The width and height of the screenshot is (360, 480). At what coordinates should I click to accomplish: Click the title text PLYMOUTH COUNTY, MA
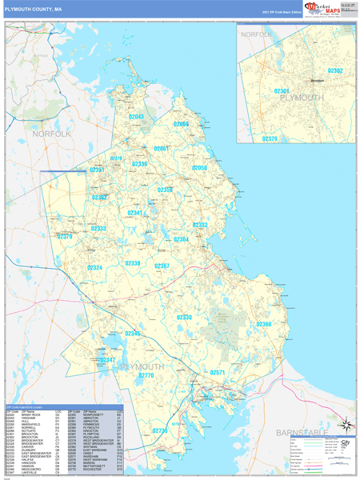(x=34, y=9)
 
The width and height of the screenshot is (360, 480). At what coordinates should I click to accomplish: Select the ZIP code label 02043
(x=137, y=117)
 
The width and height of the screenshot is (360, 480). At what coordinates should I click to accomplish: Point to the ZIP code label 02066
(x=182, y=124)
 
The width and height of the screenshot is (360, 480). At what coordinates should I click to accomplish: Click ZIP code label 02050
(x=199, y=168)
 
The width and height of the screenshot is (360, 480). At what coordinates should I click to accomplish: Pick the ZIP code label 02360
(x=264, y=324)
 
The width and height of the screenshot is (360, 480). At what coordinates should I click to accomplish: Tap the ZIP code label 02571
(x=218, y=373)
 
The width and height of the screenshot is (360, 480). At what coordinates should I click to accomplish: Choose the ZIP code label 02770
(x=146, y=375)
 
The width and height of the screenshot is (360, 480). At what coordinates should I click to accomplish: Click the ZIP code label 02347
(x=108, y=360)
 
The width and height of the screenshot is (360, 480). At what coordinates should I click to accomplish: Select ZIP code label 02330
(x=184, y=318)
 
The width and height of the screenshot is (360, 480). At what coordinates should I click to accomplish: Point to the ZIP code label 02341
(x=136, y=213)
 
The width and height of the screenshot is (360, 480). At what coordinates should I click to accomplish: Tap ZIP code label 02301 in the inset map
(x=282, y=91)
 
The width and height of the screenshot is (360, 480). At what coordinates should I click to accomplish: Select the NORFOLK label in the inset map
(x=257, y=35)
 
